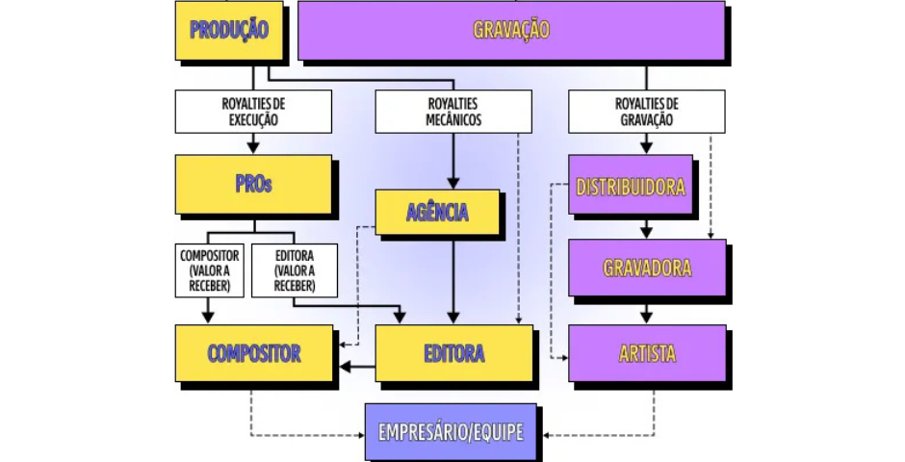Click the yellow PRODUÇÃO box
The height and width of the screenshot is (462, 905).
pos(228,30)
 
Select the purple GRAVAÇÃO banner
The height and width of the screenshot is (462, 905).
pos(511,30)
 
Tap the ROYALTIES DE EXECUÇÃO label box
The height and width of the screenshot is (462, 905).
pos(253,112)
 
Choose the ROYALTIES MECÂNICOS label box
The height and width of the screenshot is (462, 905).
pos(453,112)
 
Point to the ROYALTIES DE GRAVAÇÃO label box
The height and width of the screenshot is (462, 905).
pos(646,112)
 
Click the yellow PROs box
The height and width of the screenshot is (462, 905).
pos(253,184)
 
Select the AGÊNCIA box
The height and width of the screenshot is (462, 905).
pos(437,213)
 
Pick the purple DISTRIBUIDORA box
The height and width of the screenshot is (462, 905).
pos(630,185)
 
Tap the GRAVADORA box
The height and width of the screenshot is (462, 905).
pos(646,268)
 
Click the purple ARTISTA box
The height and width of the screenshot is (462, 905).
pos(646,353)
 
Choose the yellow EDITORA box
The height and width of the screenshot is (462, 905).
pos(453,353)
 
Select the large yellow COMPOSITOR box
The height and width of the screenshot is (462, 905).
pos(253,353)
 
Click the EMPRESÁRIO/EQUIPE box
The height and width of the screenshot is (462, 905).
pos(451,431)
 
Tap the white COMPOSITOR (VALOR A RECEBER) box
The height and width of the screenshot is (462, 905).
pos(209,270)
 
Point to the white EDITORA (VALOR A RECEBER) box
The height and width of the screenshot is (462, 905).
pos(294,270)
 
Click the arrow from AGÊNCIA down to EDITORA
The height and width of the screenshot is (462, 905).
pos(453,279)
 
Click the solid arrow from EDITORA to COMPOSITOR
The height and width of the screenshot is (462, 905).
pos(355,366)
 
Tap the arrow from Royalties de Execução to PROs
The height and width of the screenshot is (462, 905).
pos(253,143)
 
